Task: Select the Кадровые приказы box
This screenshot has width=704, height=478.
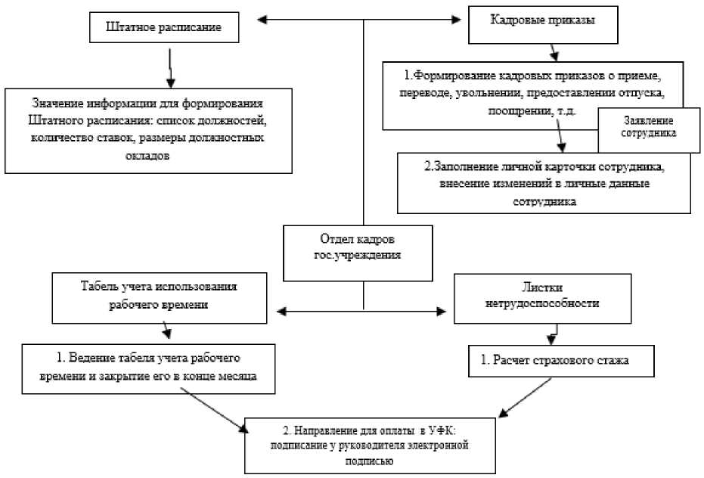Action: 542,21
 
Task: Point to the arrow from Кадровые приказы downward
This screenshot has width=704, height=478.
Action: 554,51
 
